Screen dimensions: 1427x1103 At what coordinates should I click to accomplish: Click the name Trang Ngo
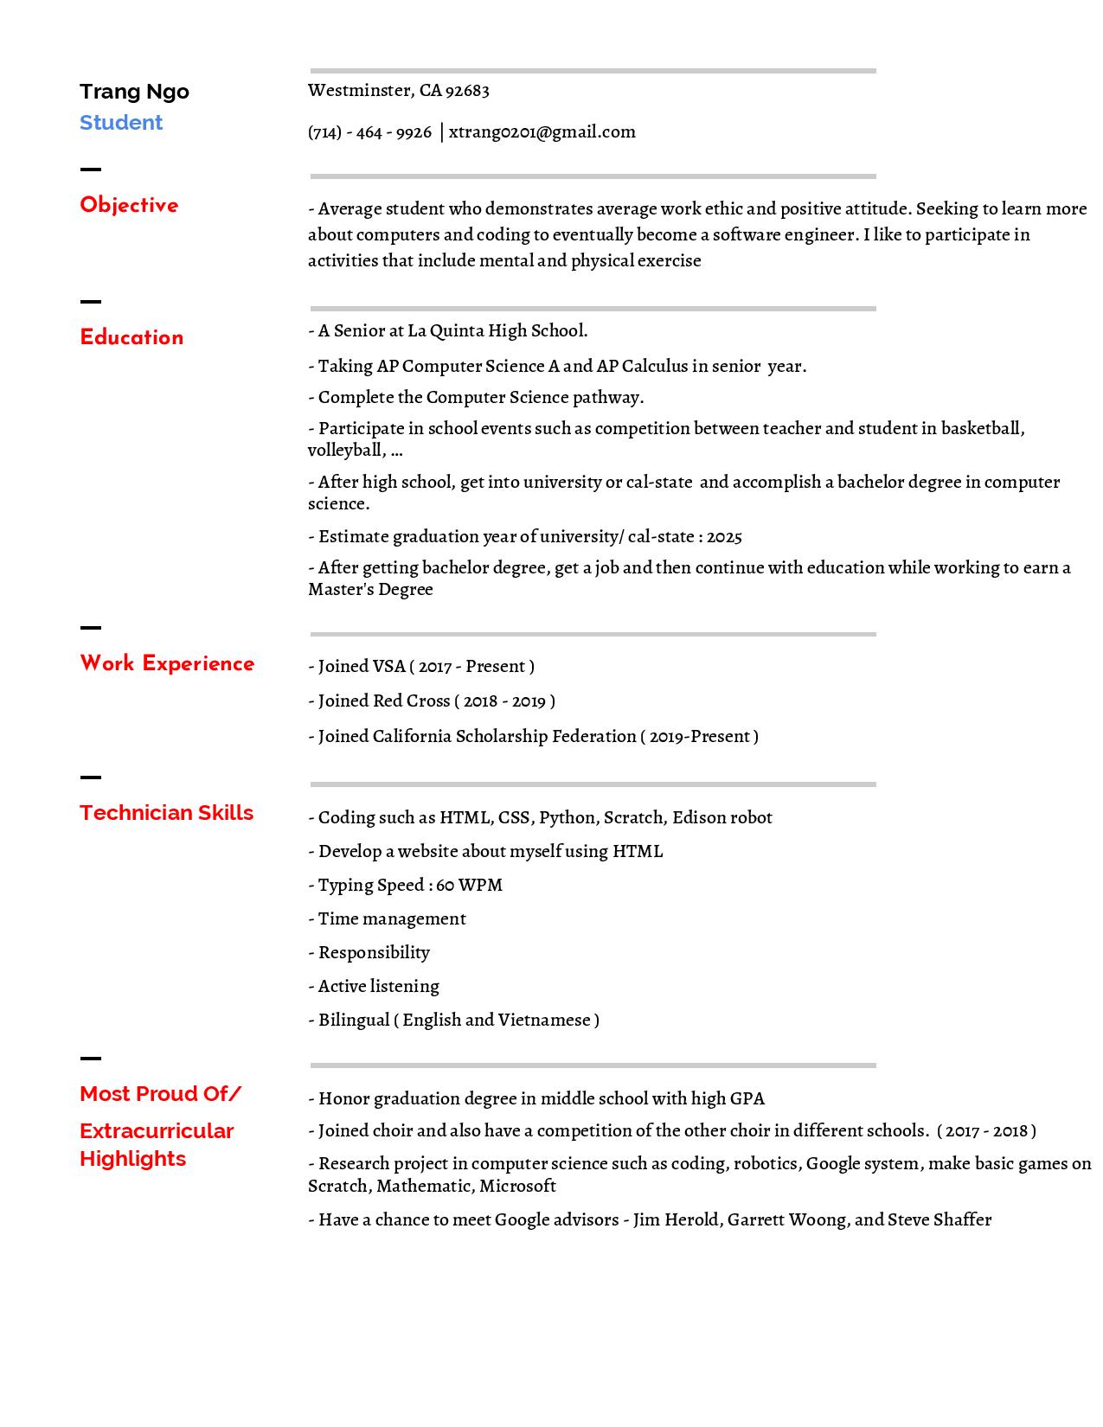(x=134, y=92)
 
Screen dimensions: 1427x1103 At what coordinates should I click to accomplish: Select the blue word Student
(x=121, y=123)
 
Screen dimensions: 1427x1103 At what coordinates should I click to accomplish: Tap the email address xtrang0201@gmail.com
(x=542, y=132)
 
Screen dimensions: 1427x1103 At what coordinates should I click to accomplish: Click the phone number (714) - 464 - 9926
(x=369, y=132)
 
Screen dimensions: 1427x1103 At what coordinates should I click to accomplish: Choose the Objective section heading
(x=129, y=206)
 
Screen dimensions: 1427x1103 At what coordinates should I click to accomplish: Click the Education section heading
(x=131, y=337)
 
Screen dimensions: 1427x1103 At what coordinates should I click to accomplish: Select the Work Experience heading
(x=167, y=663)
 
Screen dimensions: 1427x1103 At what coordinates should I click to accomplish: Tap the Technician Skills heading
(x=166, y=813)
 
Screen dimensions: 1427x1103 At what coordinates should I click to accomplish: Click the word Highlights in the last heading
(x=132, y=1159)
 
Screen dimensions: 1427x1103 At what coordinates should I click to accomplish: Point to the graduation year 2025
(x=724, y=537)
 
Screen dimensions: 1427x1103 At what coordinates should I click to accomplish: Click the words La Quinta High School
(x=497, y=331)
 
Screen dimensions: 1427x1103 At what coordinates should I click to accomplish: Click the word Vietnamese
(x=544, y=1021)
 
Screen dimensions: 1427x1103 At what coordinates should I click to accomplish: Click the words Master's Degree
(x=370, y=590)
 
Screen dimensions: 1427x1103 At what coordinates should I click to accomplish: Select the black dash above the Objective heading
(x=90, y=170)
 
